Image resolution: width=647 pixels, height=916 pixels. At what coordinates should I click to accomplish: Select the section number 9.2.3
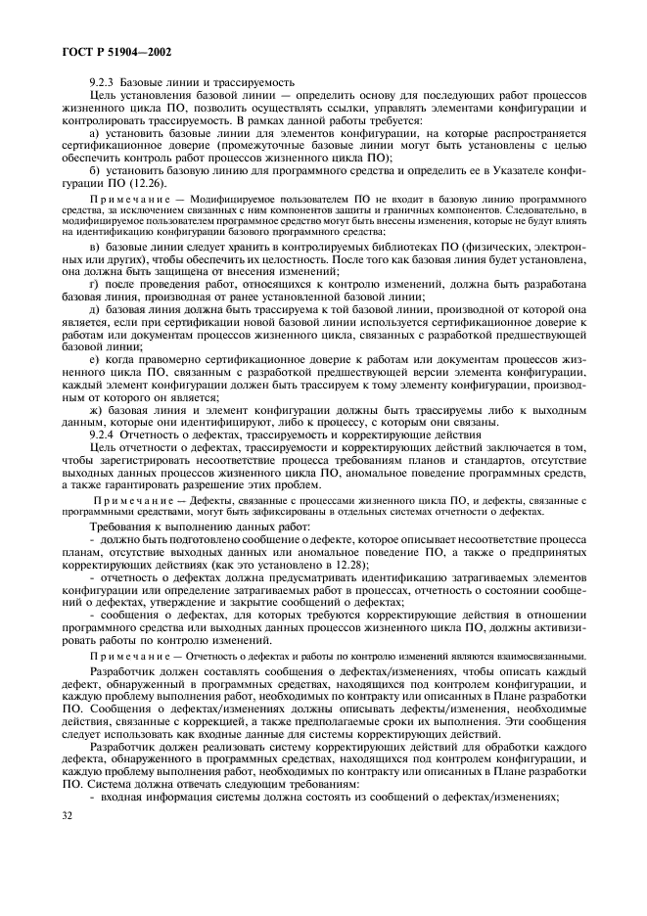pyautogui.click(x=102, y=81)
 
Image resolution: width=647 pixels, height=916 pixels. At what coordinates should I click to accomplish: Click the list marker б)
pyautogui.click(x=94, y=170)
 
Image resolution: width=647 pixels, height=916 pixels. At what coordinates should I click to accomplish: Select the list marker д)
pyautogui.click(x=94, y=308)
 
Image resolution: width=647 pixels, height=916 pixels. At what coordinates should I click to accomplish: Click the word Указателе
pyautogui.click(x=510, y=170)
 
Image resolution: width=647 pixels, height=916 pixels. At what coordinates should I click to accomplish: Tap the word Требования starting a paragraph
pyautogui.click(x=117, y=527)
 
